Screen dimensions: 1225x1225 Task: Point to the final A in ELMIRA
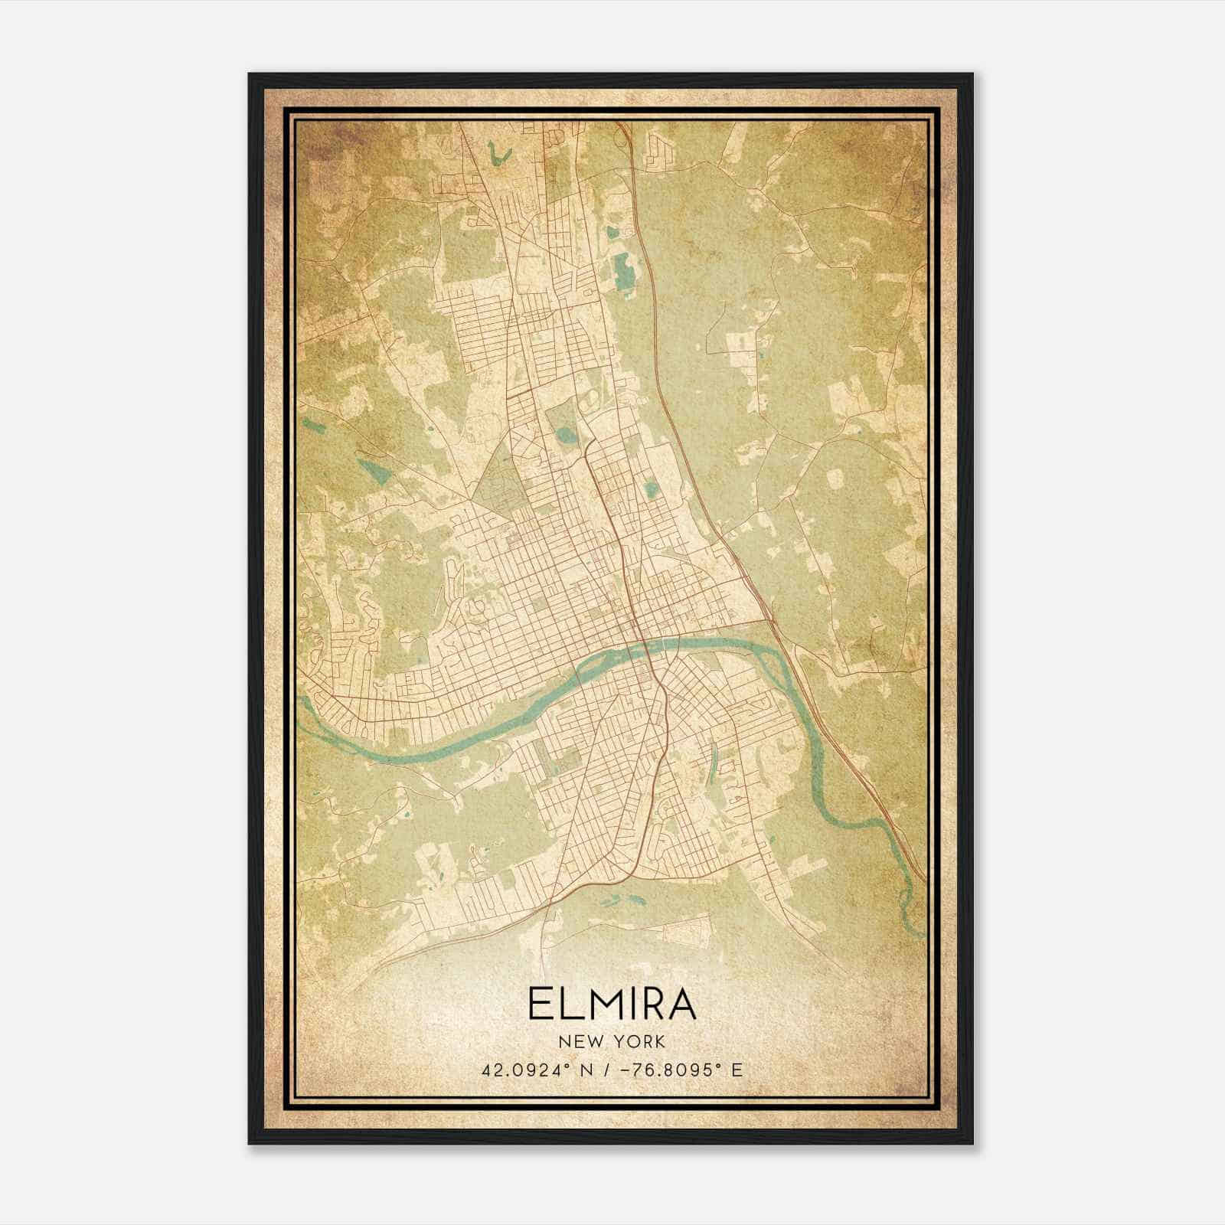681,1005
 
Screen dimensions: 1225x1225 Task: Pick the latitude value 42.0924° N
528,1070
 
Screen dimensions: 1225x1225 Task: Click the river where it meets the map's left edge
302,701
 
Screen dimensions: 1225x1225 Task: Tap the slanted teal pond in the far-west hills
369,466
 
